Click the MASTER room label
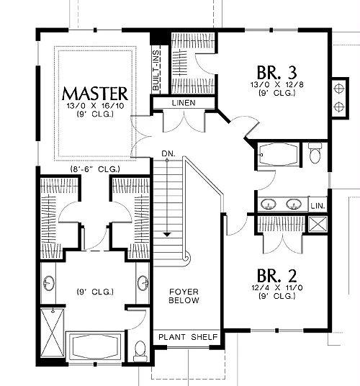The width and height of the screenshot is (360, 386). click(x=95, y=94)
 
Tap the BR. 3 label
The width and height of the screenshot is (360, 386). click(x=276, y=72)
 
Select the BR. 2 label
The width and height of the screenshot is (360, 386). click(x=276, y=276)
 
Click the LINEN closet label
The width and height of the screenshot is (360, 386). click(x=184, y=103)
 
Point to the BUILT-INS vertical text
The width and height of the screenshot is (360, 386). click(x=156, y=71)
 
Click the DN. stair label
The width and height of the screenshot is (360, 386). click(x=168, y=154)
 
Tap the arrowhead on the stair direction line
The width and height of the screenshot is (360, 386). click(x=167, y=234)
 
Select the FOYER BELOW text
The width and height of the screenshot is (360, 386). click(x=184, y=296)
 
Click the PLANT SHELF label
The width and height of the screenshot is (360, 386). click(x=188, y=337)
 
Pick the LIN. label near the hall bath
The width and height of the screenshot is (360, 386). click(x=318, y=206)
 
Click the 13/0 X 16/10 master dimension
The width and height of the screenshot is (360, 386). click(x=95, y=106)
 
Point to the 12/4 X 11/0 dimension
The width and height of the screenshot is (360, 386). click(x=277, y=287)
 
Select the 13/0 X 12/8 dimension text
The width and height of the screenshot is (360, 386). click(x=277, y=85)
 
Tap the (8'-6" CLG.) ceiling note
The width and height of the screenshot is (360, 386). click(x=95, y=169)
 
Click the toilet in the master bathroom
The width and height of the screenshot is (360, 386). click(x=140, y=351)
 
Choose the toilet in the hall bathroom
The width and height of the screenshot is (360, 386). click(x=315, y=153)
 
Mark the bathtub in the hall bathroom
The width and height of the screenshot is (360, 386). click(x=278, y=155)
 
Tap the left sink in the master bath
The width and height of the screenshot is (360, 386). click(x=49, y=283)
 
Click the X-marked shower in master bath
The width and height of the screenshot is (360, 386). click(x=52, y=332)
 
